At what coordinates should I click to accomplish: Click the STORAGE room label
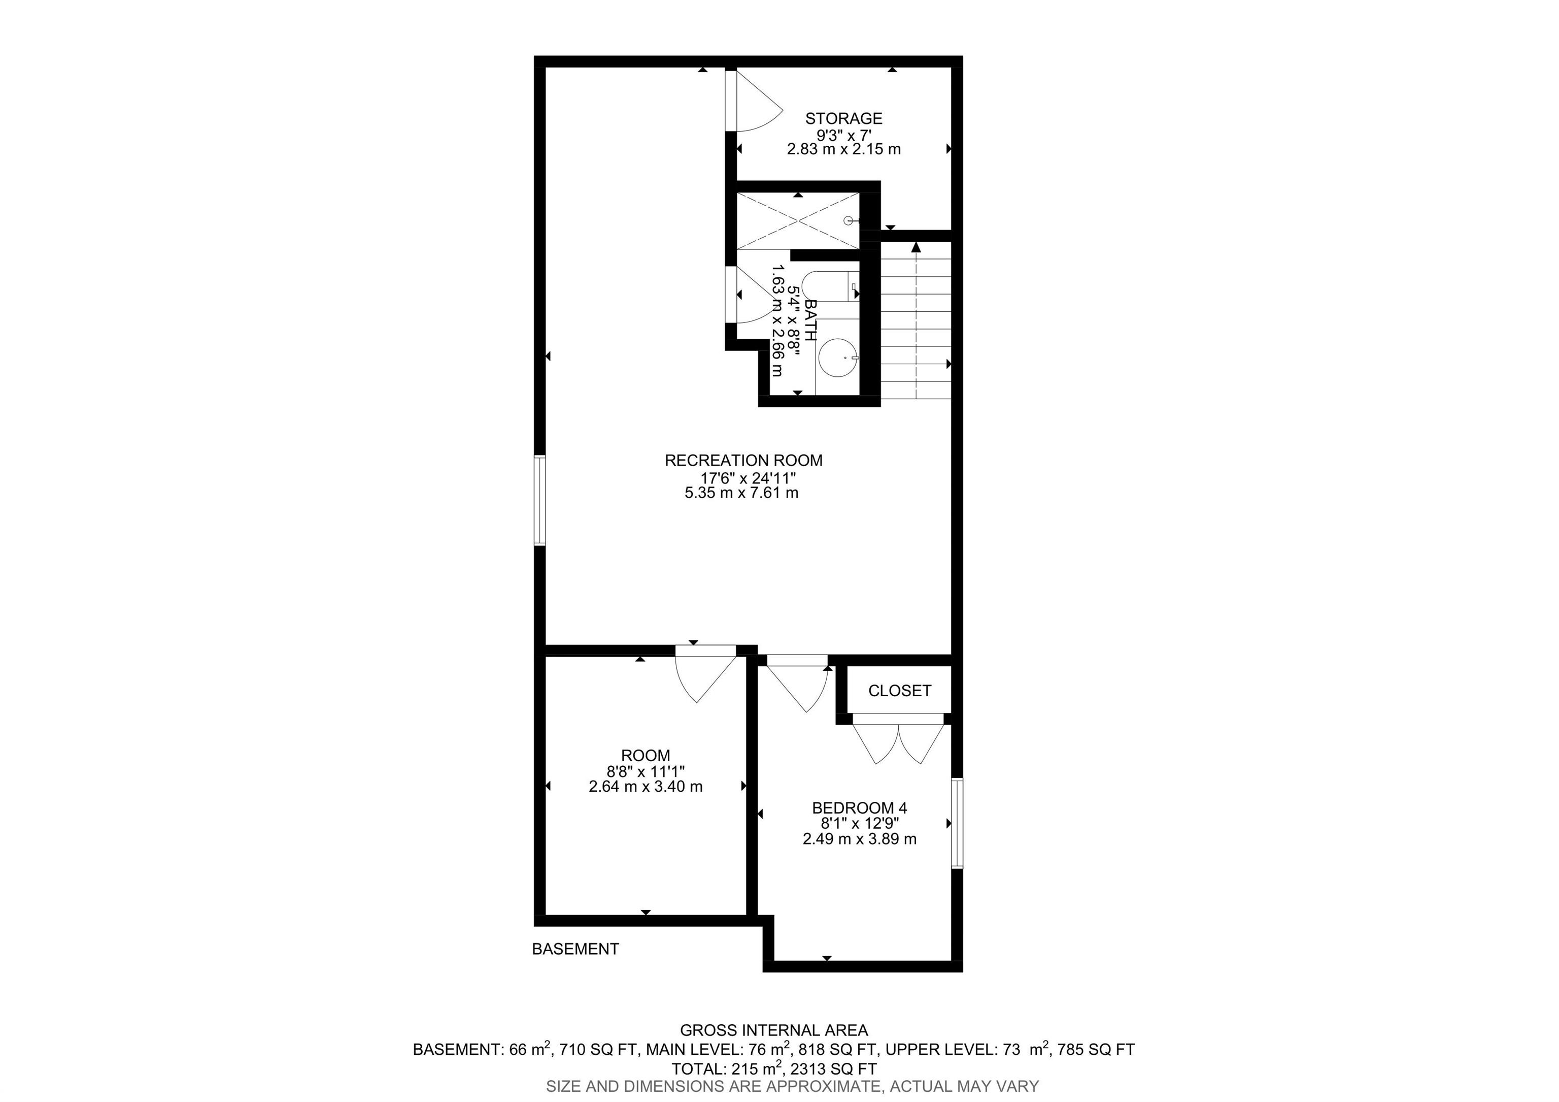pyautogui.click(x=843, y=118)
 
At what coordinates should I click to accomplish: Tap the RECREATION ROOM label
pyautogui.click(x=743, y=461)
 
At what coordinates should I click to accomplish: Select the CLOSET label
pyautogui.click(x=900, y=691)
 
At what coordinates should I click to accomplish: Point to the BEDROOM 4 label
pyautogui.click(x=860, y=808)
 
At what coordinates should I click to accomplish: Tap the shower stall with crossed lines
pyautogui.click(x=798, y=221)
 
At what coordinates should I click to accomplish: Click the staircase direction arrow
pyautogui.click(x=916, y=319)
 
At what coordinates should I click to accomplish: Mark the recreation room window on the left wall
pyautogui.click(x=540, y=501)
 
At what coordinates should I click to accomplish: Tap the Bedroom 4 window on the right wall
pyautogui.click(x=957, y=823)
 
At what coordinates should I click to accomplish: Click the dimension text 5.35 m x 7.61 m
pyautogui.click(x=741, y=493)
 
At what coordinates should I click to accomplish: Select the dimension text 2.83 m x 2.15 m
pyautogui.click(x=844, y=149)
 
